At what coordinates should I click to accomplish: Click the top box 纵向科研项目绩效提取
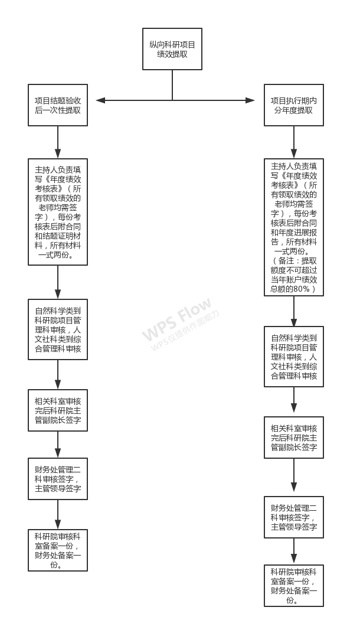[172, 49]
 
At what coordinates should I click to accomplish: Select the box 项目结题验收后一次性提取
[58, 105]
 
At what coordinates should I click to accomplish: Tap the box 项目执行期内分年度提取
[294, 105]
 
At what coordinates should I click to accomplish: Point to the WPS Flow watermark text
[176, 319]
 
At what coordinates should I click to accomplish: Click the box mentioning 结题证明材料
[58, 211]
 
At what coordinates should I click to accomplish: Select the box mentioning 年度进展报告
[294, 227]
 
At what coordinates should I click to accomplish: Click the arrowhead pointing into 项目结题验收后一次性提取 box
[100, 100]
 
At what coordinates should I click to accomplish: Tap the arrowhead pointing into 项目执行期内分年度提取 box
[250, 100]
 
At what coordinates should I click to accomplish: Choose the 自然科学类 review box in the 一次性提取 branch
[58, 329]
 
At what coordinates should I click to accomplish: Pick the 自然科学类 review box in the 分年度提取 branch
[294, 357]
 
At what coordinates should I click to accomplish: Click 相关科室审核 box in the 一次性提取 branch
[58, 410]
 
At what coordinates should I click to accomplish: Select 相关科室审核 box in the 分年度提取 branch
[294, 438]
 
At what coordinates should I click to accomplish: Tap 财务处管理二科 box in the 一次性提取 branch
[58, 479]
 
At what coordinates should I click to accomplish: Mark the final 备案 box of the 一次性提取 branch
[58, 550]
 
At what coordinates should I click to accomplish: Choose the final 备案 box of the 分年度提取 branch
[294, 586]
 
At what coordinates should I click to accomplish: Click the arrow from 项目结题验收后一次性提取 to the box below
[58, 142]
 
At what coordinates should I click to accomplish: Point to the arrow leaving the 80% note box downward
[294, 311]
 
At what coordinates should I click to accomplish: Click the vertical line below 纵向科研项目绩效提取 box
[172, 85]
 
